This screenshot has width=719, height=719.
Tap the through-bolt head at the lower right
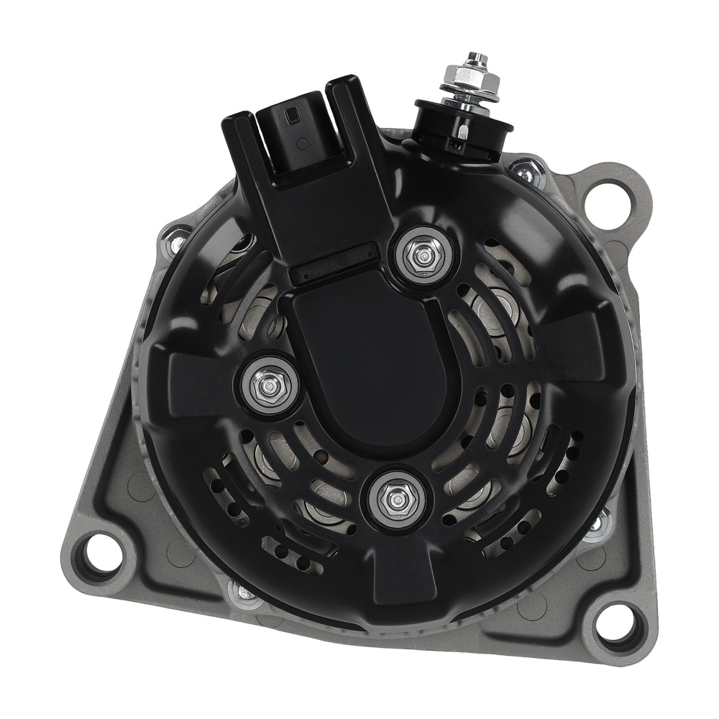(x=598, y=522)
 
